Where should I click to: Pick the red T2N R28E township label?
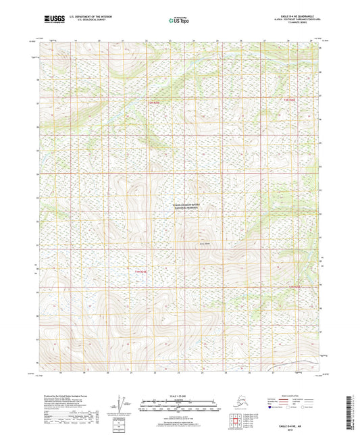(x=289, y=99)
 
